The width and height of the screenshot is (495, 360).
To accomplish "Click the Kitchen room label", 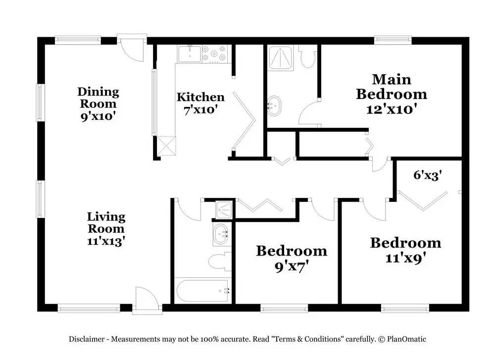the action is [x=200, y=97].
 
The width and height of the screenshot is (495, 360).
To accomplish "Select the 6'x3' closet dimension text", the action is [x=428, y=175].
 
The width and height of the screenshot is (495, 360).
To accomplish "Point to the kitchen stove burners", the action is [x=215, y=53].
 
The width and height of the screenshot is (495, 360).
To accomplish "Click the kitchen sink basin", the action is [x=190, y=54].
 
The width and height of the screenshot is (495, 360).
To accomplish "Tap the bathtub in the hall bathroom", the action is [x=202, y=291].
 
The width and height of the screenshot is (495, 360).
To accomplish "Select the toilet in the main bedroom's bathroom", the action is [x=307, y=57].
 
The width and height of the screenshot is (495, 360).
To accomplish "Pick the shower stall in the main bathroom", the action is [x=280, y=57].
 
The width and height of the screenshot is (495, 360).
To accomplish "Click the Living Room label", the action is [x=106, y=223].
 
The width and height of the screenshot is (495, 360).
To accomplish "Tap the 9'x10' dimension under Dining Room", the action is [x=98, y=116].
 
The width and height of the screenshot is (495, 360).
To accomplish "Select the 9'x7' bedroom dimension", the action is [x=291, y=267].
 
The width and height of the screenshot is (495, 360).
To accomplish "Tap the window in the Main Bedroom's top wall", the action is [x=393, y=40].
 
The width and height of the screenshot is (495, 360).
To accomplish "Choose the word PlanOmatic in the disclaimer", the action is [x=406, y=339].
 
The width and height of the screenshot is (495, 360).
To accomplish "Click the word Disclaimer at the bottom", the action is [x=87, y=339].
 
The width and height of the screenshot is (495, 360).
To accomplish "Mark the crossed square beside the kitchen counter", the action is [x=166, y=146].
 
